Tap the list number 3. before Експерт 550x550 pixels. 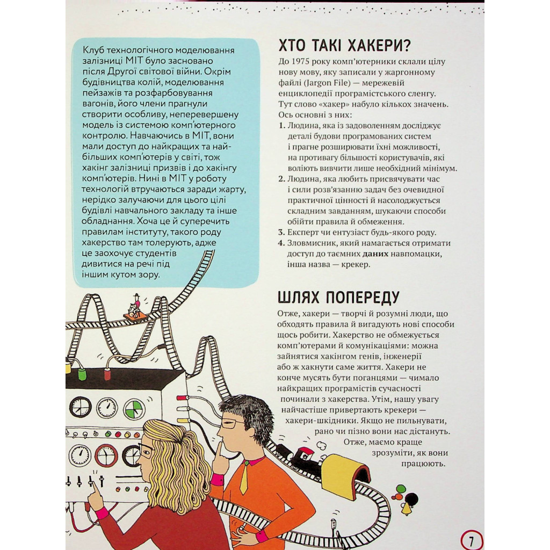click(281, 232)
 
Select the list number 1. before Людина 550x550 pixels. click(281, 125)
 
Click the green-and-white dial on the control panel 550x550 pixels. click(134, 409)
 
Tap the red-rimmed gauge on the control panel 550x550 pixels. click(106, 455)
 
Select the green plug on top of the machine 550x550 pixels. click(82, 374)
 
